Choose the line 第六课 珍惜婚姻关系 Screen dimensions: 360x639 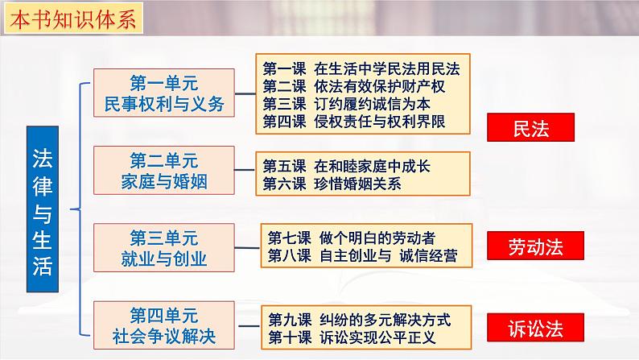[x=333, y=184]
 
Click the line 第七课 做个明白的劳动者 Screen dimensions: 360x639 [x=351, y=238]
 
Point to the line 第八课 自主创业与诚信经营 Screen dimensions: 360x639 [x=361, y=256]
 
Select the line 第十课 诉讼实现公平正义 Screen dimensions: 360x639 [x=352, y=337]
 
